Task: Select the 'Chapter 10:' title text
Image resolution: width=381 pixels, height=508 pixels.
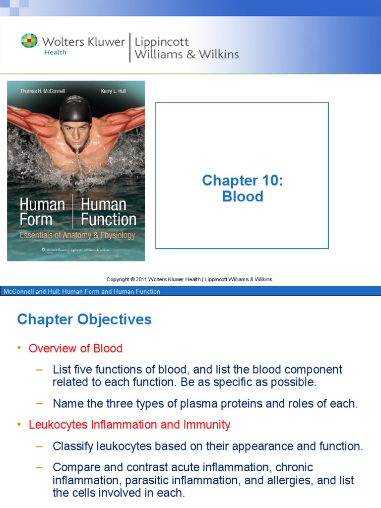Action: click(243, 181)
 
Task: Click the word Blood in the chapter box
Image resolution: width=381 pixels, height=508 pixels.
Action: click(243, 196)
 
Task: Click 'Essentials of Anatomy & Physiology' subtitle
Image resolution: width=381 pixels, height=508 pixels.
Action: click(77, 235)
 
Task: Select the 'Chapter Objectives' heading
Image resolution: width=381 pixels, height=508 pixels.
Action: click(84, 319)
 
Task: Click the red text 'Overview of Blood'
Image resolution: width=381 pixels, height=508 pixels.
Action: click(75, 348)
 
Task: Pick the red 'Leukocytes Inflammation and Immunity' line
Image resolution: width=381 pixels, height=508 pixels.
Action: click(129, 425)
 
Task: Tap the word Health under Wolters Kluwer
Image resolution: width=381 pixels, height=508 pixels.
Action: click(55, 53)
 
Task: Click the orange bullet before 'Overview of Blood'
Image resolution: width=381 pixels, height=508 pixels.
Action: click(19, 348)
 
